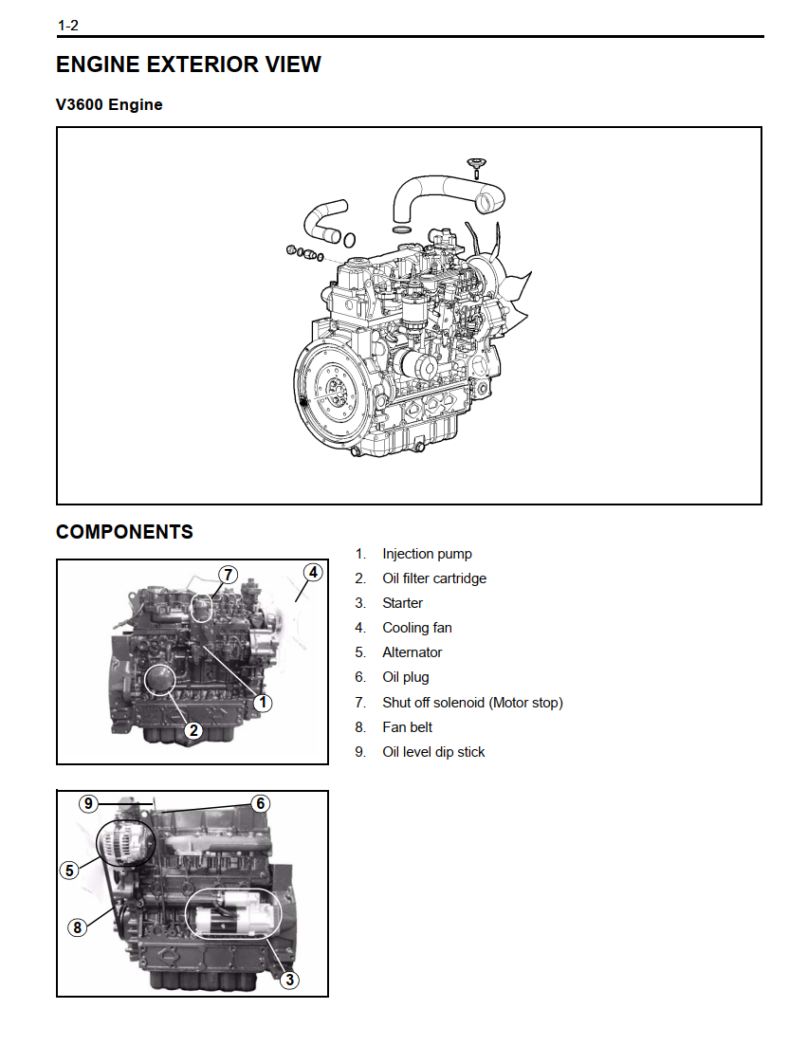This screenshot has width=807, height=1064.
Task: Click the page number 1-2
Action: coord(68,26)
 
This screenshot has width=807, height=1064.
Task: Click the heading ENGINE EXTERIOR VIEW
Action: coord(189,64)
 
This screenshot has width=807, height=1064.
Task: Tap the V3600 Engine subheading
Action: coord(109,104)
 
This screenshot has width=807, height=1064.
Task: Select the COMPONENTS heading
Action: coord(125,531)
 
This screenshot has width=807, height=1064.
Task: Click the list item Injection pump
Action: coord(427,554)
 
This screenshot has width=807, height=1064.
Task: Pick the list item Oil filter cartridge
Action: coord(434,578)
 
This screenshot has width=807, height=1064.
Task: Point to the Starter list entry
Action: coord(402,602)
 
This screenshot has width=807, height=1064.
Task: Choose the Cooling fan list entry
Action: coord(416,628)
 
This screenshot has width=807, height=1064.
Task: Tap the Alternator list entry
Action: coord(412,652)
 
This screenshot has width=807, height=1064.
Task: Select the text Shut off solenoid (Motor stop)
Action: coord(472,703)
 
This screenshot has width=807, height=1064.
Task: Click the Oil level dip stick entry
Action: coord(433,752)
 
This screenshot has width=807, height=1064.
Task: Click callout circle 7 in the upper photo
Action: coord(228,575)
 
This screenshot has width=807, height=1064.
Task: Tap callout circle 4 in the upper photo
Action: coord(313,572)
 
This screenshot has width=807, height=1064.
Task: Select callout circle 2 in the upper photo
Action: coord(194,730)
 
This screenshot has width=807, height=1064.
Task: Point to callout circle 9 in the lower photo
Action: coord(88,803)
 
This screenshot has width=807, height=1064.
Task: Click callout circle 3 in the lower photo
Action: coord(290,980)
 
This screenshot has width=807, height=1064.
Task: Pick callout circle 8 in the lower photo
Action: coord(78,926)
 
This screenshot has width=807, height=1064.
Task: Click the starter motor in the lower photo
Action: coord(235,914)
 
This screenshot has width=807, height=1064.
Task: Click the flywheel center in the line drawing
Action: coord(333,388)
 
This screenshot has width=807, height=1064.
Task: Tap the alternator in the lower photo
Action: coord(125,843)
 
